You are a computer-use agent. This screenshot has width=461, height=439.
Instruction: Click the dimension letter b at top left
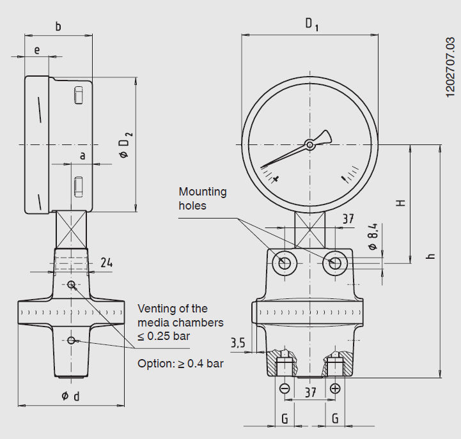[58, 27]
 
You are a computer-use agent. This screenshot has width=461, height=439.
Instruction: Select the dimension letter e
[37, 49]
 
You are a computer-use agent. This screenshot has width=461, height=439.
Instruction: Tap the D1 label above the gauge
[311, 25]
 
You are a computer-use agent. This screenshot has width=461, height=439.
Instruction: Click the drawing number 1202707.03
[450, 67]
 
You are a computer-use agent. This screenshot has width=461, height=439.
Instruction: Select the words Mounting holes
[202, 199]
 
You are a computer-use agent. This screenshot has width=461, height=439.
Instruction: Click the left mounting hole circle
[283, 263]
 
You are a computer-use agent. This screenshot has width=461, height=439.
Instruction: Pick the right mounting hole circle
[334, 263]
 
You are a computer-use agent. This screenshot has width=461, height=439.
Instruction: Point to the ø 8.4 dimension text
[372, 237]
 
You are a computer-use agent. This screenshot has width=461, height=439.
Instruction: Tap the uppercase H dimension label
[401, 203]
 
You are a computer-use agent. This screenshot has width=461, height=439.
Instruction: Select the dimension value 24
[107, 263]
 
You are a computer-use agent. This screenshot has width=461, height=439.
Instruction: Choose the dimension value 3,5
[238, 343]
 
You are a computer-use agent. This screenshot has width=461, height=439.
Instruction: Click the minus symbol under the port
[285, 388]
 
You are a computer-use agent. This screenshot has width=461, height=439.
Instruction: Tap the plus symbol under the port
[335, 388]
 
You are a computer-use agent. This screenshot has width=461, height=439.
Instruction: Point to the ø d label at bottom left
[71, 396]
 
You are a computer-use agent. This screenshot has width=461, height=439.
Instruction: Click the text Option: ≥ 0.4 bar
[180, 364]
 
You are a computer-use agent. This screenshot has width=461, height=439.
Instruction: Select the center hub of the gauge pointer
[310, 145]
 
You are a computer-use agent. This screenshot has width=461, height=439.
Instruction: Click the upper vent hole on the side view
[71, 284]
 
